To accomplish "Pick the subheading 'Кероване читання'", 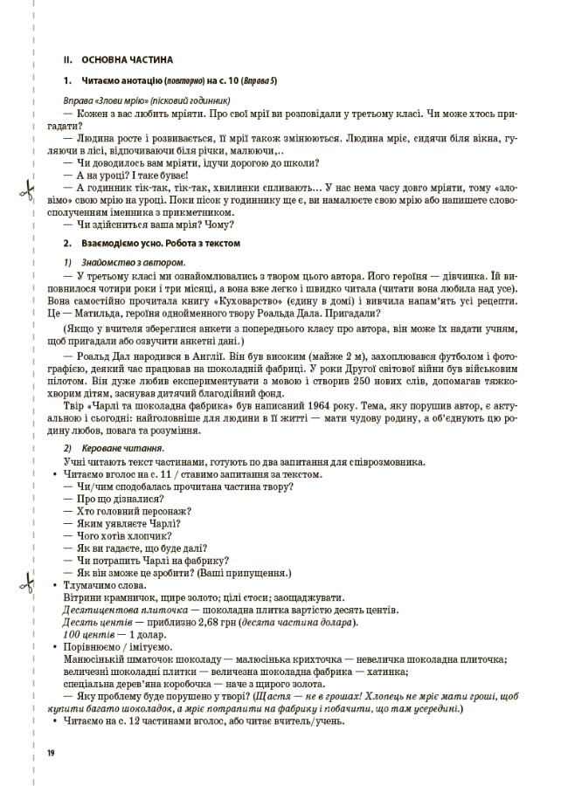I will coord(121,448).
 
